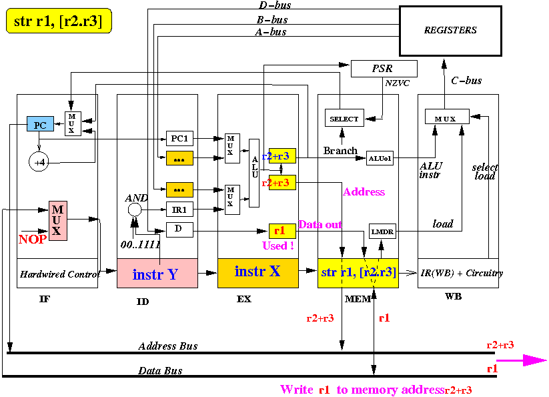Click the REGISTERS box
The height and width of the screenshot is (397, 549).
point(450,31)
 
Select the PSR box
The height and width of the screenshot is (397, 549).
point(384,69)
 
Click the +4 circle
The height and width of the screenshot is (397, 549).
point(39,161)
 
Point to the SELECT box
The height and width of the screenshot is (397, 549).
point(344,119)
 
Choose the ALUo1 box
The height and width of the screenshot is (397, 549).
point(380,158)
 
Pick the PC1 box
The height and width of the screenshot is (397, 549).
point(179,138)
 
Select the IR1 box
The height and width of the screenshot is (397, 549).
point(179,209)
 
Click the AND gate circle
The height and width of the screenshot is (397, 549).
point(135,210)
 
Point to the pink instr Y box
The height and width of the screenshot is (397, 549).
point(157,274)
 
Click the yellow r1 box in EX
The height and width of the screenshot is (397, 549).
point(282,231)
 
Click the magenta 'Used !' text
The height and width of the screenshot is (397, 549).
point(279,246)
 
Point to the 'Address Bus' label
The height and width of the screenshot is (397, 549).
point(168,346)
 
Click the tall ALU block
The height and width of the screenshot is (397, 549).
point(254,173)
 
